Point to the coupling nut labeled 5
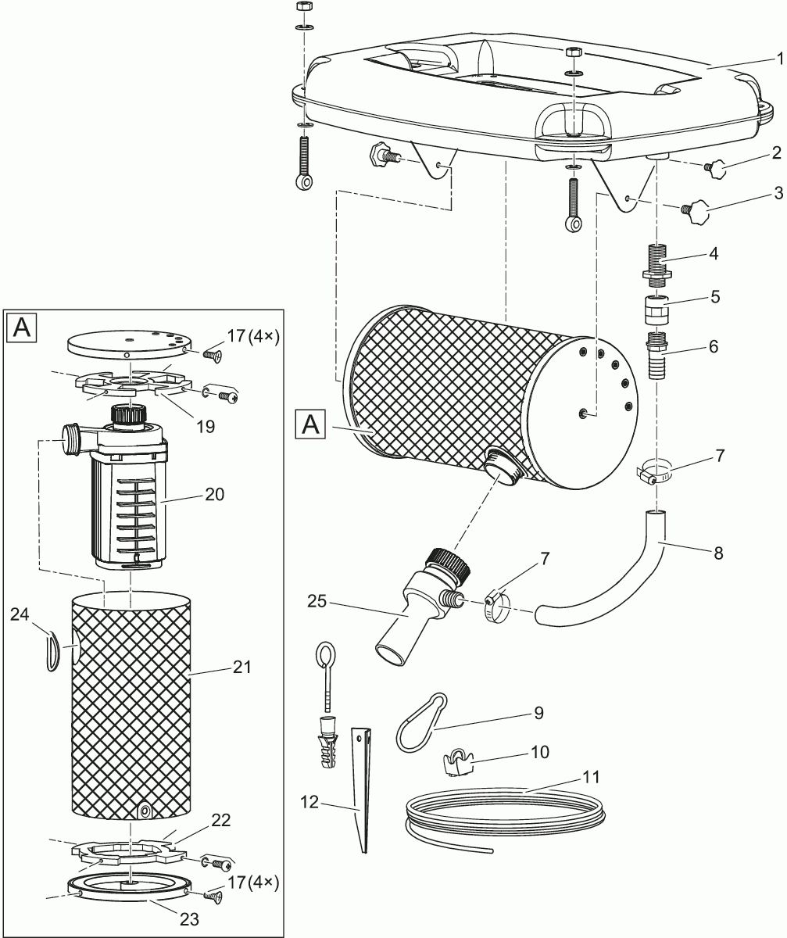point(657,312)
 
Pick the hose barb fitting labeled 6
point(657,356)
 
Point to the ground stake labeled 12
point(363,789)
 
